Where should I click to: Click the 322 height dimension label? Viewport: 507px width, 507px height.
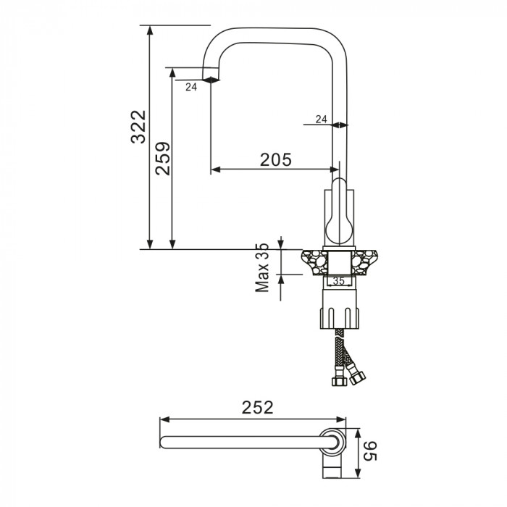coord(138,127)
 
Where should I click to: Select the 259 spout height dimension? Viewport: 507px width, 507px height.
coord(163,159)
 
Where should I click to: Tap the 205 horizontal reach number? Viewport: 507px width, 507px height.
coord(276,159)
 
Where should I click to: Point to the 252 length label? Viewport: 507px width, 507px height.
coord(257,408)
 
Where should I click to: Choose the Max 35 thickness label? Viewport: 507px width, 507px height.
coord(262,268)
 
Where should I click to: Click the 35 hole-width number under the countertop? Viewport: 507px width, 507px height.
coord(338,281)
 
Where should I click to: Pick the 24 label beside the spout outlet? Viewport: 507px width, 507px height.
coord(191,87)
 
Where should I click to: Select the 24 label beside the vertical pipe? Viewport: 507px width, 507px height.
coord(321,120)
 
